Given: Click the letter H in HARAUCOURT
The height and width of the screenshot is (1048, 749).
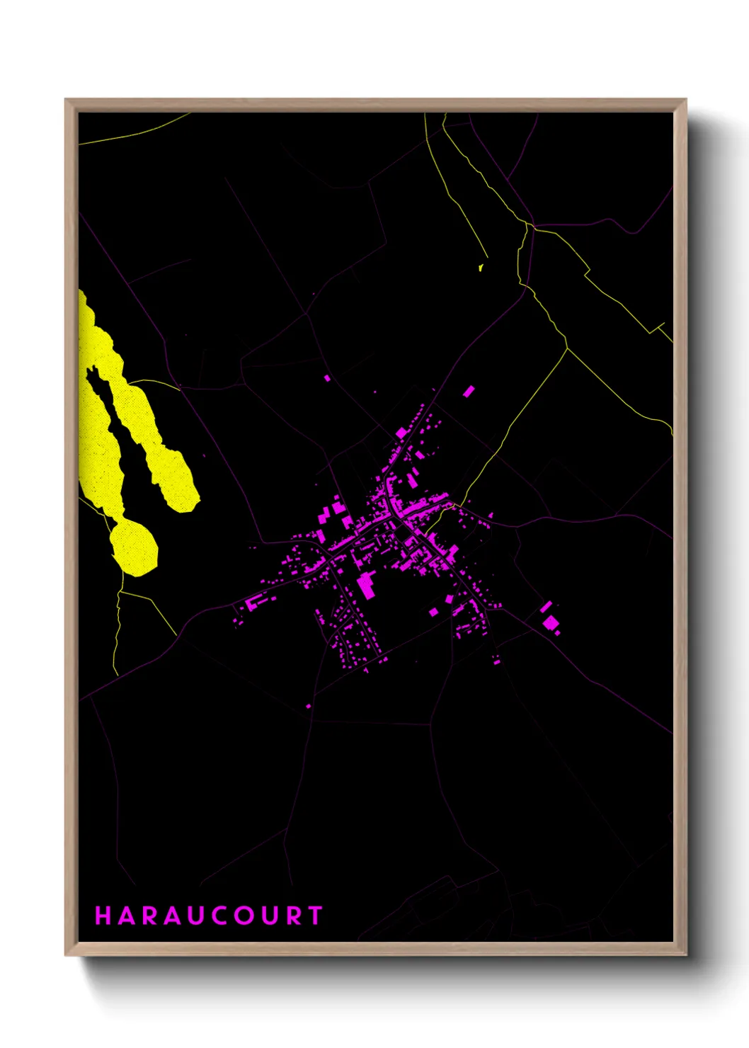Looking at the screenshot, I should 103,916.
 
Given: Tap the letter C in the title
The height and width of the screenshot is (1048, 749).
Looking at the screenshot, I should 222,916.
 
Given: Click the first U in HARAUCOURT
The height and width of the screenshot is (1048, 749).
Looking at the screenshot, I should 198,916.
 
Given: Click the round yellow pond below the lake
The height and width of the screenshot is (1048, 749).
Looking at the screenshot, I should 133,547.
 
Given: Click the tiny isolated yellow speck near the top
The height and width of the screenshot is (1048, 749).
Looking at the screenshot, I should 481,268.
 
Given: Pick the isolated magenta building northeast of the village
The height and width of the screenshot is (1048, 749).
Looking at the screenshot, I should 469,390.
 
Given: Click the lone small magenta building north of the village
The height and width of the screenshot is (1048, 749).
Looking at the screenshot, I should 327,379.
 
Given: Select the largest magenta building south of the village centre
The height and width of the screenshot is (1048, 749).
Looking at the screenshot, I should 365,586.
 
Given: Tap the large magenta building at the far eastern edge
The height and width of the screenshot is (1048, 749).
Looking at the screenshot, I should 550,622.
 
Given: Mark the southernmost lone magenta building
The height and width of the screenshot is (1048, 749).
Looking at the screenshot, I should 308,706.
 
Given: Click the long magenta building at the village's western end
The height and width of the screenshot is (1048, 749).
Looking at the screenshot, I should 253,603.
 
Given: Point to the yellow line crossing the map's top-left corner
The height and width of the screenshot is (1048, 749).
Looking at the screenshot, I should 135,132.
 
